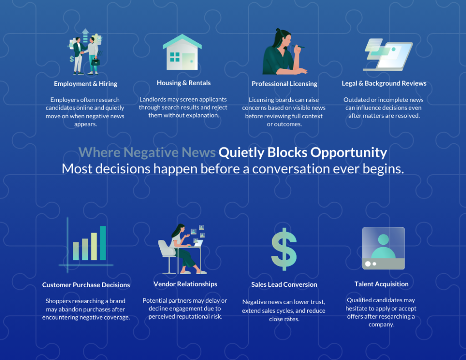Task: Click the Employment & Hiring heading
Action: pyautogui.click(x=86, y=84)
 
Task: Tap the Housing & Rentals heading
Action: pyautogui.click(x=184, y=83)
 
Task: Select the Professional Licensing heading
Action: pyautogui.click(x=284, y=84)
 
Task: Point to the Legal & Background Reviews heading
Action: pyautogui.click(x=384, y=83)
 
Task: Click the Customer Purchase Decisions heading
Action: pyautogui.click(x=86, y=285)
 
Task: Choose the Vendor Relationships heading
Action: pyautogui.click(x=185, y=284)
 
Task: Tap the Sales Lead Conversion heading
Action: pyautogui.click(x=284, y=284)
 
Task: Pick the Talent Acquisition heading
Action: pyautogui.click(x=381, y=284)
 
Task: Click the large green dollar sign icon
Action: pyautogui.click(x=284, y=249)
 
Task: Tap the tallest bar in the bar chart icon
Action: pyautogui.click(x=103, y=243)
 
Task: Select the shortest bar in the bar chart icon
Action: pyautogui.click(x=76, y=251)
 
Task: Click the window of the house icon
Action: pyautogui.click(x=175, y=57)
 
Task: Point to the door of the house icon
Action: pyautogui.click(x=188, y=61)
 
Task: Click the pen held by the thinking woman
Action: pyautogui.click(x=298, y=46)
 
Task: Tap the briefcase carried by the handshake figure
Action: pyautogui.click(x=96, y=62)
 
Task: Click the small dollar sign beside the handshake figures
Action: pyautogui.click(x=71, y=59)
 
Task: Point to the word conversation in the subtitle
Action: pyautogui.click(x=291, y=169)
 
